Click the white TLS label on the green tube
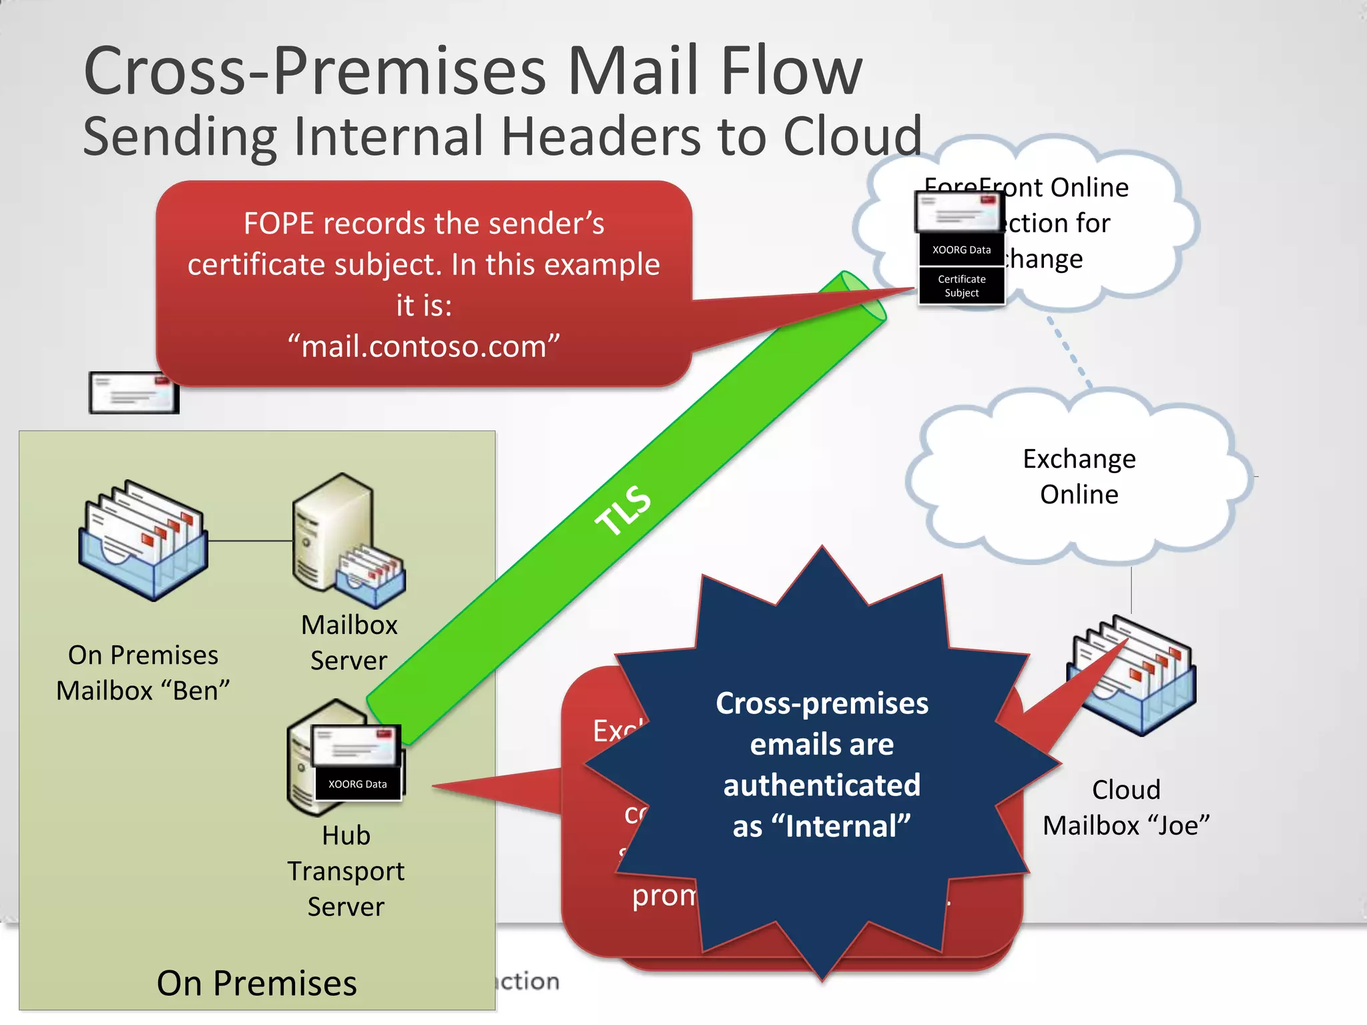click(x=623, y=510)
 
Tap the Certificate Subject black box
click(x=961, y=286)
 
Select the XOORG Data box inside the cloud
click(x=961, y=250)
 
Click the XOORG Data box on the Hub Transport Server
click(x=357, y=784)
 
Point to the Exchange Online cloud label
click(x=1079, y=476)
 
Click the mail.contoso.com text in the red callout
click(x=424, y=346)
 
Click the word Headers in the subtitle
click(x=600, y=136)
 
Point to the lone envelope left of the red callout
click(x=133, y=392)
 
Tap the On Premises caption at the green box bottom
click(x=257, y=983)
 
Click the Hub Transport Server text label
click(x=346, y=871)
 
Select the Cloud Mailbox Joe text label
click(x=1126, y=808)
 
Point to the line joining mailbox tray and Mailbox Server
click(x=250, y=541)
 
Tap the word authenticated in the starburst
click(x=822, y=785)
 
